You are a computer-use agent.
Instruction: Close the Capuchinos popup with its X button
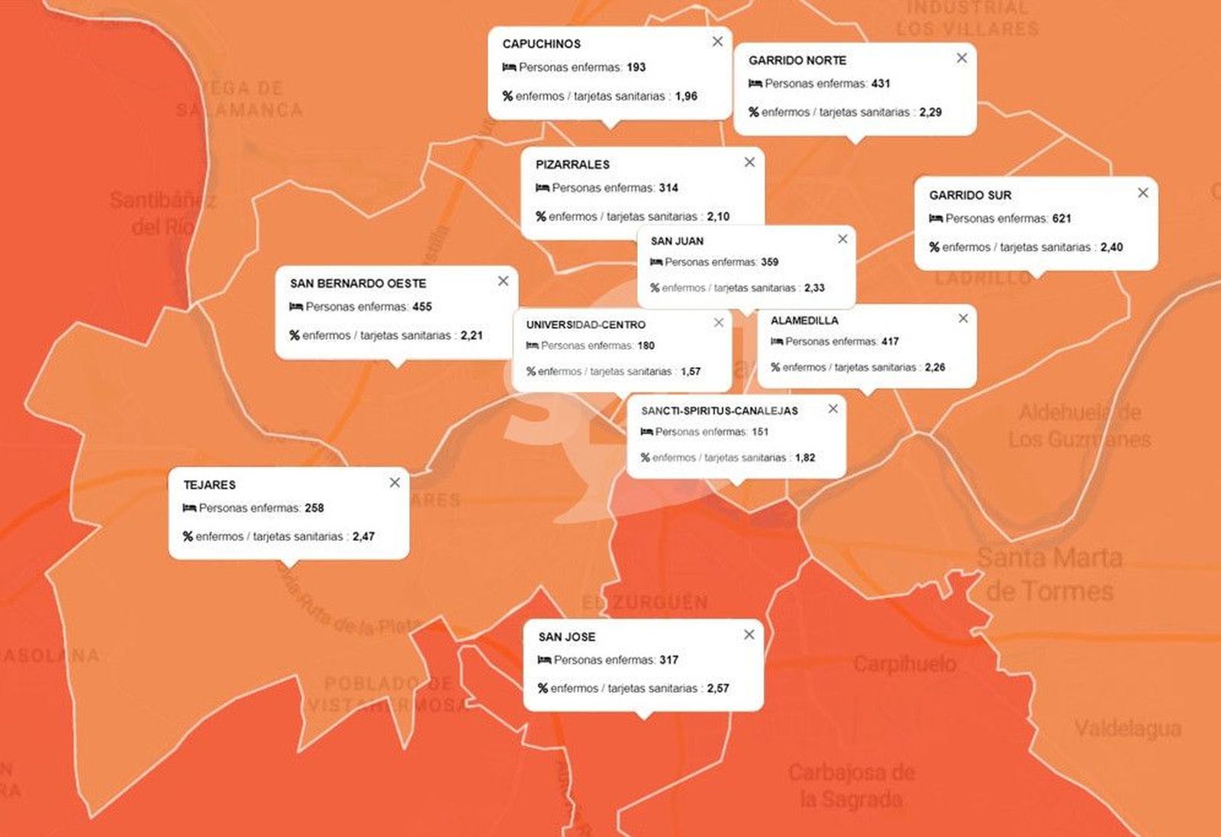click(717, 42)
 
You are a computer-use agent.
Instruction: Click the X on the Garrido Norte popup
click(962, 58)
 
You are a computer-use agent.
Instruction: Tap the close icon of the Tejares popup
click(395, 482)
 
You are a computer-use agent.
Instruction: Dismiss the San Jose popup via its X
click(749, 635)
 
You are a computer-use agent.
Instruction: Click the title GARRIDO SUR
click(970, 195)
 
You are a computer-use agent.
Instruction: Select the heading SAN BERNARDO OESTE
click(358, 284)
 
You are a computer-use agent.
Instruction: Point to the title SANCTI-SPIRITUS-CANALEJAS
click(719, 411)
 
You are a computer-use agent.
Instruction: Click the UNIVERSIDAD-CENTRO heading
click(585, 325)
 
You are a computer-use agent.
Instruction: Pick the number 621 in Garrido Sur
click(1062, 219)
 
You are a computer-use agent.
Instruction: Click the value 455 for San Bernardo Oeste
click(422, 307)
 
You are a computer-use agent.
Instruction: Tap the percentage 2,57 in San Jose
click(718, 688)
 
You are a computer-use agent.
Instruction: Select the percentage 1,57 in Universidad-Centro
click(691, 372)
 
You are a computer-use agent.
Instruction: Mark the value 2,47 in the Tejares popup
click(363, 536)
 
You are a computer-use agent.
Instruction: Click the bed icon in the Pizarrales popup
click(543, 188)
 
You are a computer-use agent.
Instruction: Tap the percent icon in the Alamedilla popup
click(775, 368)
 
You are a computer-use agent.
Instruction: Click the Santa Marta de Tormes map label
click(1049, 574)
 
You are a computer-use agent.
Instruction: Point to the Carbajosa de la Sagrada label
click(851, 785)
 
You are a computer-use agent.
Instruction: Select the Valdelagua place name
click(1127, 729)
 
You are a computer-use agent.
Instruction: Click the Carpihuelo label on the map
click(904, 664)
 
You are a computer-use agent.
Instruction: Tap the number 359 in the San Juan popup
click(769, 262)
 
